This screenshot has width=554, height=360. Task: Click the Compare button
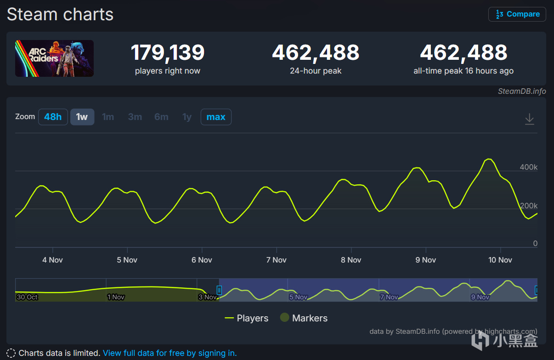tap(517, 14)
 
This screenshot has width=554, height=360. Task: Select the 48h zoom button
tap(53, 117)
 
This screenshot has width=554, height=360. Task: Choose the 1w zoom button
tap(82, 117)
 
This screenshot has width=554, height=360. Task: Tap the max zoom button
tap(216, 117)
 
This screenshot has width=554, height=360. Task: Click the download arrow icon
tap(530, 119)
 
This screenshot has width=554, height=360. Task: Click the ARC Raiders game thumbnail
tap(54, 58)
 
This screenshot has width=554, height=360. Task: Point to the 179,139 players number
tap(168, 53)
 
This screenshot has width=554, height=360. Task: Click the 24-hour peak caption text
tap(316, 71)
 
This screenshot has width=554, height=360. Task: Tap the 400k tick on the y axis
tap(529, 167)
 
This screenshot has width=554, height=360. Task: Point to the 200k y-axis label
tap(529, 206)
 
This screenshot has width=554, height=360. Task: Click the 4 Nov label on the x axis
tap(52, 260)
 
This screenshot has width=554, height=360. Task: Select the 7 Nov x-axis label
tap(276, 260)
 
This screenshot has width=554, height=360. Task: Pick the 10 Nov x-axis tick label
tap(500, 260)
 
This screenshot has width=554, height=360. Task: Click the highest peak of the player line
tap(489, 159)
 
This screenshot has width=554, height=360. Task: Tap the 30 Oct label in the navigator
tap(27, 297)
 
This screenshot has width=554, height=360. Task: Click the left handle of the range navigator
tap(219, 290)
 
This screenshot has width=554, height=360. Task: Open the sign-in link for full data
tap(170, 353)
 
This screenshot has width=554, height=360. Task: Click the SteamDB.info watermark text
tap(522, 91)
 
